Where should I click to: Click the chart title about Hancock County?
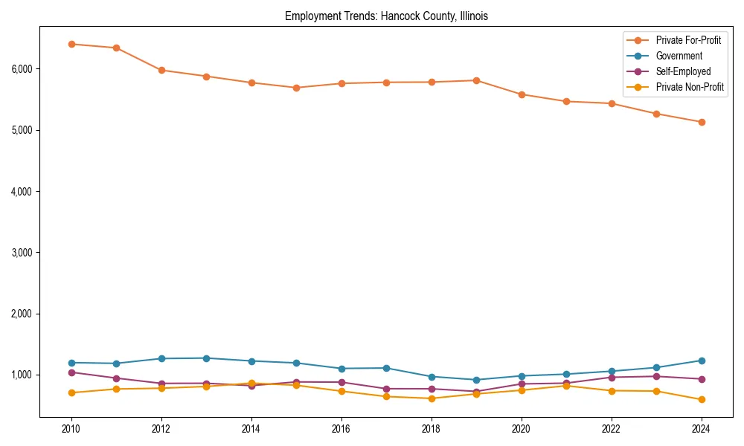click(x=386, y=16)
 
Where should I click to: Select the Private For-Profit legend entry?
click(x=688, y=40)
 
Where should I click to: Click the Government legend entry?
click(x=679, y=56)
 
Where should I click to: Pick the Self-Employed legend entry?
click(x=683, y=71)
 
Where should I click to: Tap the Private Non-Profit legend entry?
click(x=690, y=87)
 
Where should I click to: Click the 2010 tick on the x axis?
click(x=71, y=429)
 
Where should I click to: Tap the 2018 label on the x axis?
click(x=431, y=429)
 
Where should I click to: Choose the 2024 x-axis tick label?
click(x=701, y=429)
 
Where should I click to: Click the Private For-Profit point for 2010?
click(x=71, y=44)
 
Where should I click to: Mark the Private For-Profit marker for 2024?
click(x=701, y=122)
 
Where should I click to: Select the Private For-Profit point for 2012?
click(x=161, y=70)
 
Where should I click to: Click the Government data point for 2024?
click(x=701, y=361)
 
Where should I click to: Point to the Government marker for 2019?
click(x=476, y=380)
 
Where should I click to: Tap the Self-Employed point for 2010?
click(x=71, y=372)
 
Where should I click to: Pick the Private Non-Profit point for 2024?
click(x=701, y=400)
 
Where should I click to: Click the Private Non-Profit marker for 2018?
click(x=431, y=398)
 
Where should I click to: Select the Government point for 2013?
click(x=206, y=358)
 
